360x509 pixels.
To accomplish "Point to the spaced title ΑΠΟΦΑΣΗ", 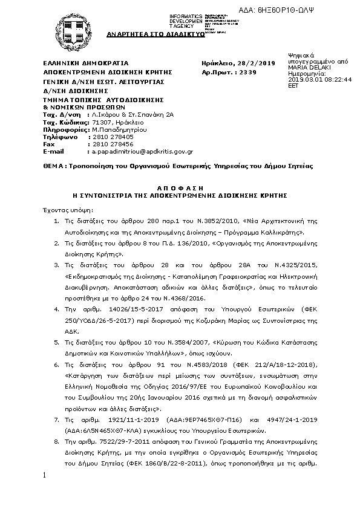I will point(180,189).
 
